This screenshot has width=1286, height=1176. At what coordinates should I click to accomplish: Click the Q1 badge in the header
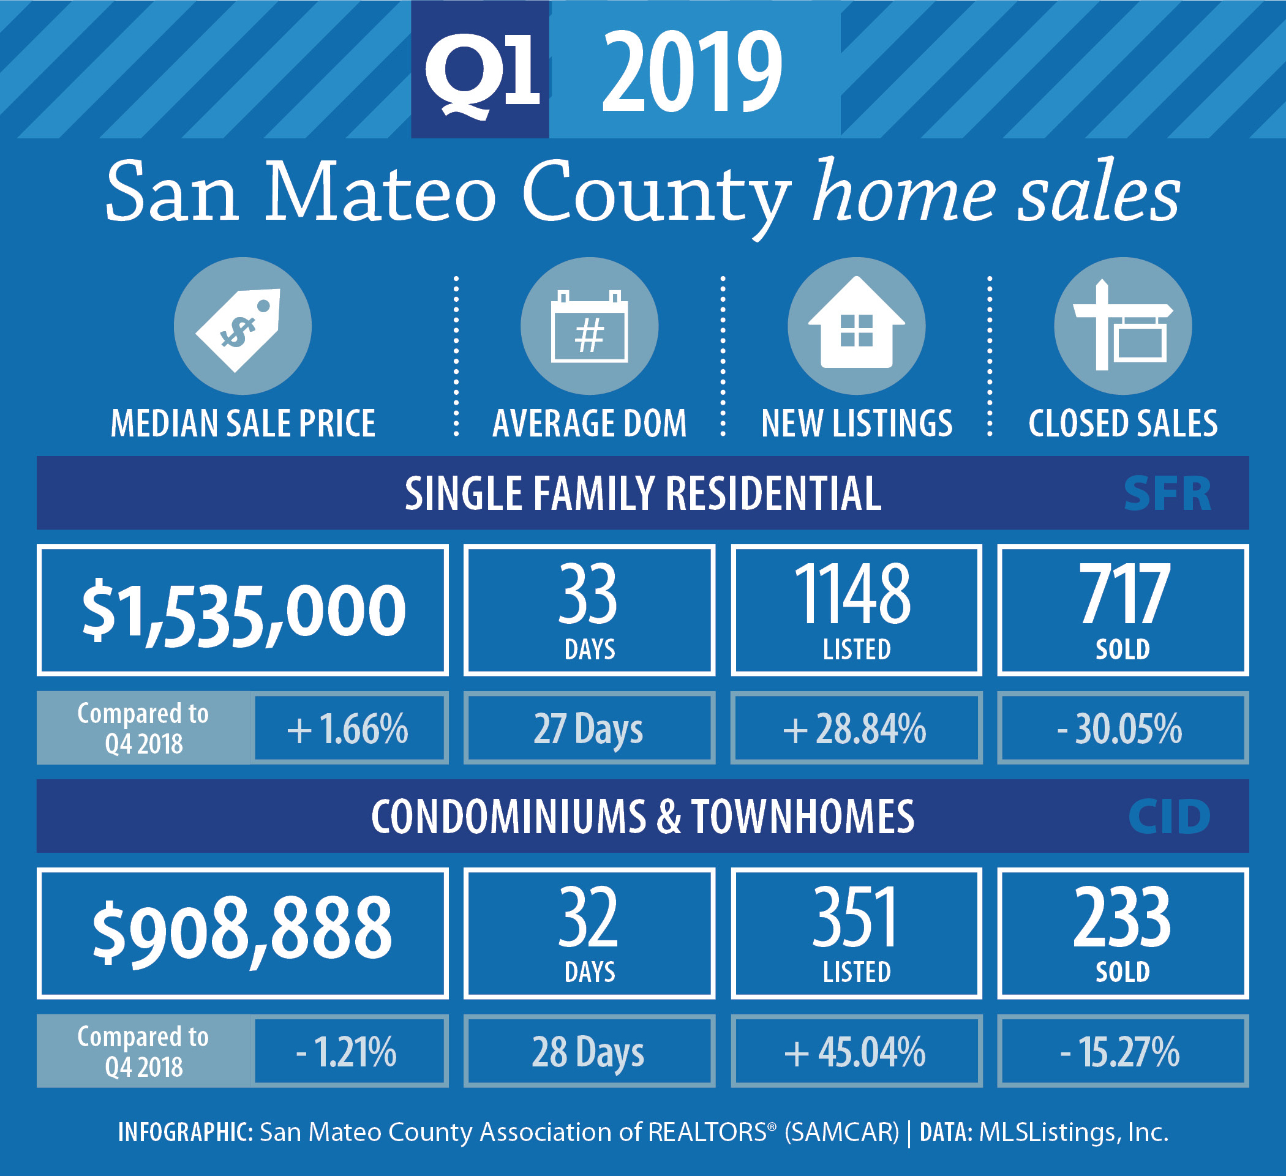coord(479,69)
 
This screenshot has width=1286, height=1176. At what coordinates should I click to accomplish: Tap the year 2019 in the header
coord(691,72)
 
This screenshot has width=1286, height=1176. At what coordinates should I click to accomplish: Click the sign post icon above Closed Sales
coord(1122,326)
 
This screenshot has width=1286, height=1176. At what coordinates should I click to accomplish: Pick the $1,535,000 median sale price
coord(243,611)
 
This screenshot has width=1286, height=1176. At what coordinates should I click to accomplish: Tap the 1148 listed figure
coord(852,594)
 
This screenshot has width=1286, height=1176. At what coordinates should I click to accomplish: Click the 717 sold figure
coord(1124,594)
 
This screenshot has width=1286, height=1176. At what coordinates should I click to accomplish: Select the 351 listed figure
coord(855,918)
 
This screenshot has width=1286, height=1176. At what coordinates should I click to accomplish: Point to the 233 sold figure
coord(1122,918)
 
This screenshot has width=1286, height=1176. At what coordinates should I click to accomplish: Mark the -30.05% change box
coord(1122,728)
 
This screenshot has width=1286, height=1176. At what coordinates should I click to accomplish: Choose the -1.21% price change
coord(347,1052)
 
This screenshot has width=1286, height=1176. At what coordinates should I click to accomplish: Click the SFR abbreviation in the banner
coord(1167,493)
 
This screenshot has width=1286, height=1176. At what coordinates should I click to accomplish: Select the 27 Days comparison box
coord(589,728)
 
